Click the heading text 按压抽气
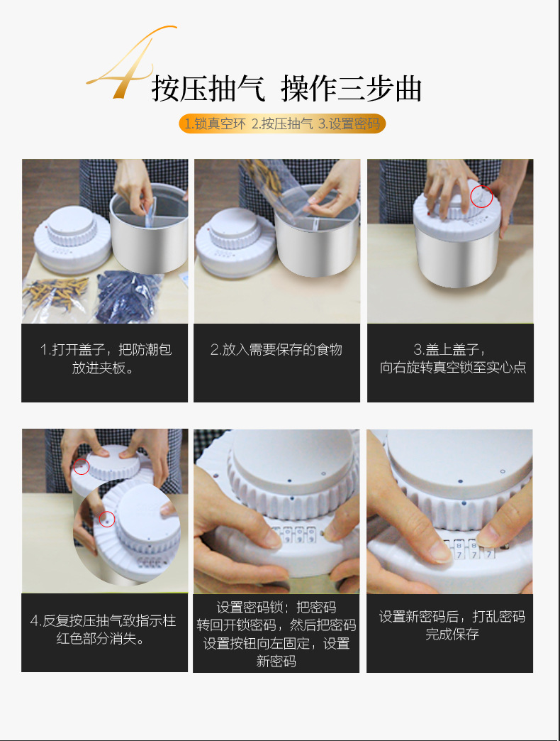tap(208, 89)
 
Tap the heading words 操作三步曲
tap(351, 89)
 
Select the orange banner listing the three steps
tap(282, 123)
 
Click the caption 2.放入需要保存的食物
tap(276, 350)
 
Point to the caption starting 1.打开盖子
tap(105, 358)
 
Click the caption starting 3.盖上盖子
tap(452, 358)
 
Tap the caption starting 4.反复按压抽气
tap(103, 629)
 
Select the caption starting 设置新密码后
tap(452, 625)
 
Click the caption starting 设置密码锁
tap(276, 634)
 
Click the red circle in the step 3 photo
tap(482, 197)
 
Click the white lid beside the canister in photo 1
tap(72, 242)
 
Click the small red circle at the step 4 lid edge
tap(82, 466)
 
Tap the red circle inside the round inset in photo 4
tap(107, 520)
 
